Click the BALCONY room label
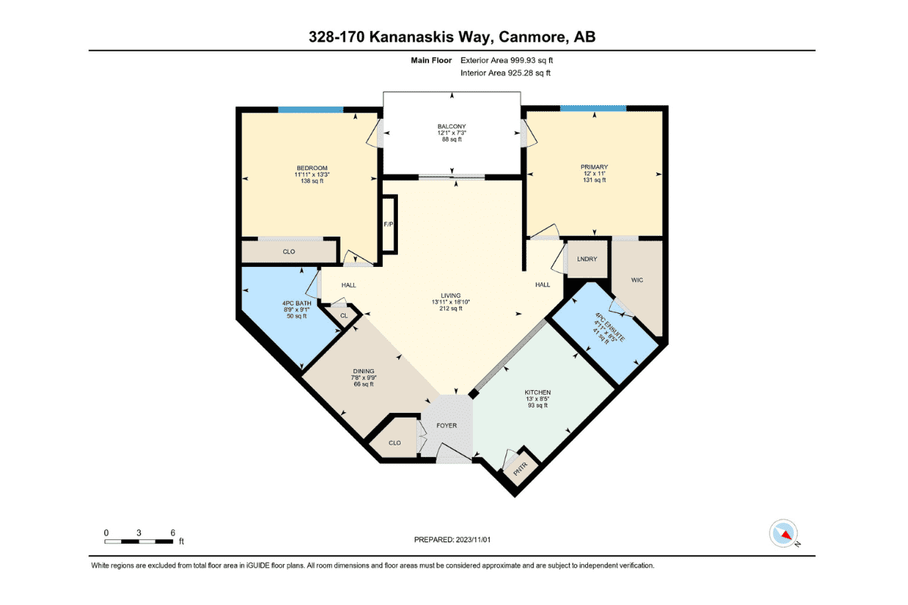click(452, 126)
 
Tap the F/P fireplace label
click(388, 224)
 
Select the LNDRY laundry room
click(587, 259)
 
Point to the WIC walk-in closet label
click(637, 280)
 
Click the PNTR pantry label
click(521, 469)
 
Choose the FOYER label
click(446, 426)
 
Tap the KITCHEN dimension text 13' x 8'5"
click(537, 399)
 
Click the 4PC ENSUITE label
click(610, 327)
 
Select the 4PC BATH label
click(297, 303)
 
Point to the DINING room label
click(364, 371)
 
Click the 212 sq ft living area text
click(451, 309)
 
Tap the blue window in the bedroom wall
click(310, 110)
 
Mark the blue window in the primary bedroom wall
click(593, 108)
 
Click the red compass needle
click(786, 535)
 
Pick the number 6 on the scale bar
click(173, 533)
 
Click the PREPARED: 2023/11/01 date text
click(452, 540)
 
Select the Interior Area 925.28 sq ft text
click(505, 73)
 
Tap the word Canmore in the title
click(532, 37)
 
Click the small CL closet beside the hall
click(344, 315)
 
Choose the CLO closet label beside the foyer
click(395, 443)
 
